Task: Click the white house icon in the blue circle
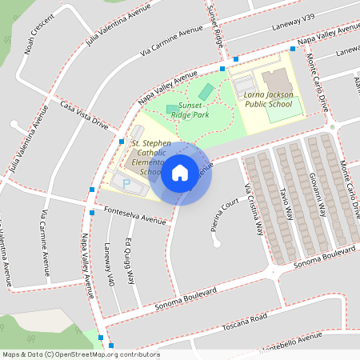[180, 173]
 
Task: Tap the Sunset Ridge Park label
[190, 110]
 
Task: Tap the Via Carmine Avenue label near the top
[171, 42]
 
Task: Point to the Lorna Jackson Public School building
[277, 82]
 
